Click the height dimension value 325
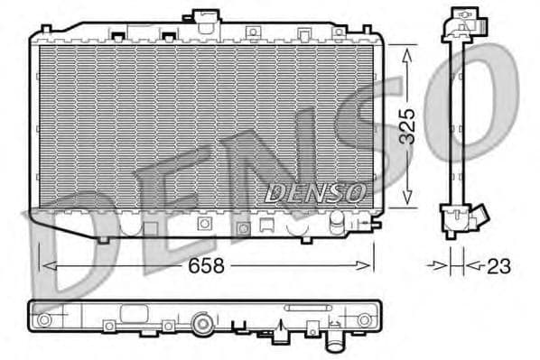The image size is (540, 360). point(408,127)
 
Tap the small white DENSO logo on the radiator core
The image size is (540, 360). point(315,192)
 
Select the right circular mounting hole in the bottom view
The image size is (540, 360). point(364,319)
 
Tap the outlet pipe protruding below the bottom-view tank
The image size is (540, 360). point(336,344)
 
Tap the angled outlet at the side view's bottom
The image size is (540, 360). point(479,219)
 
